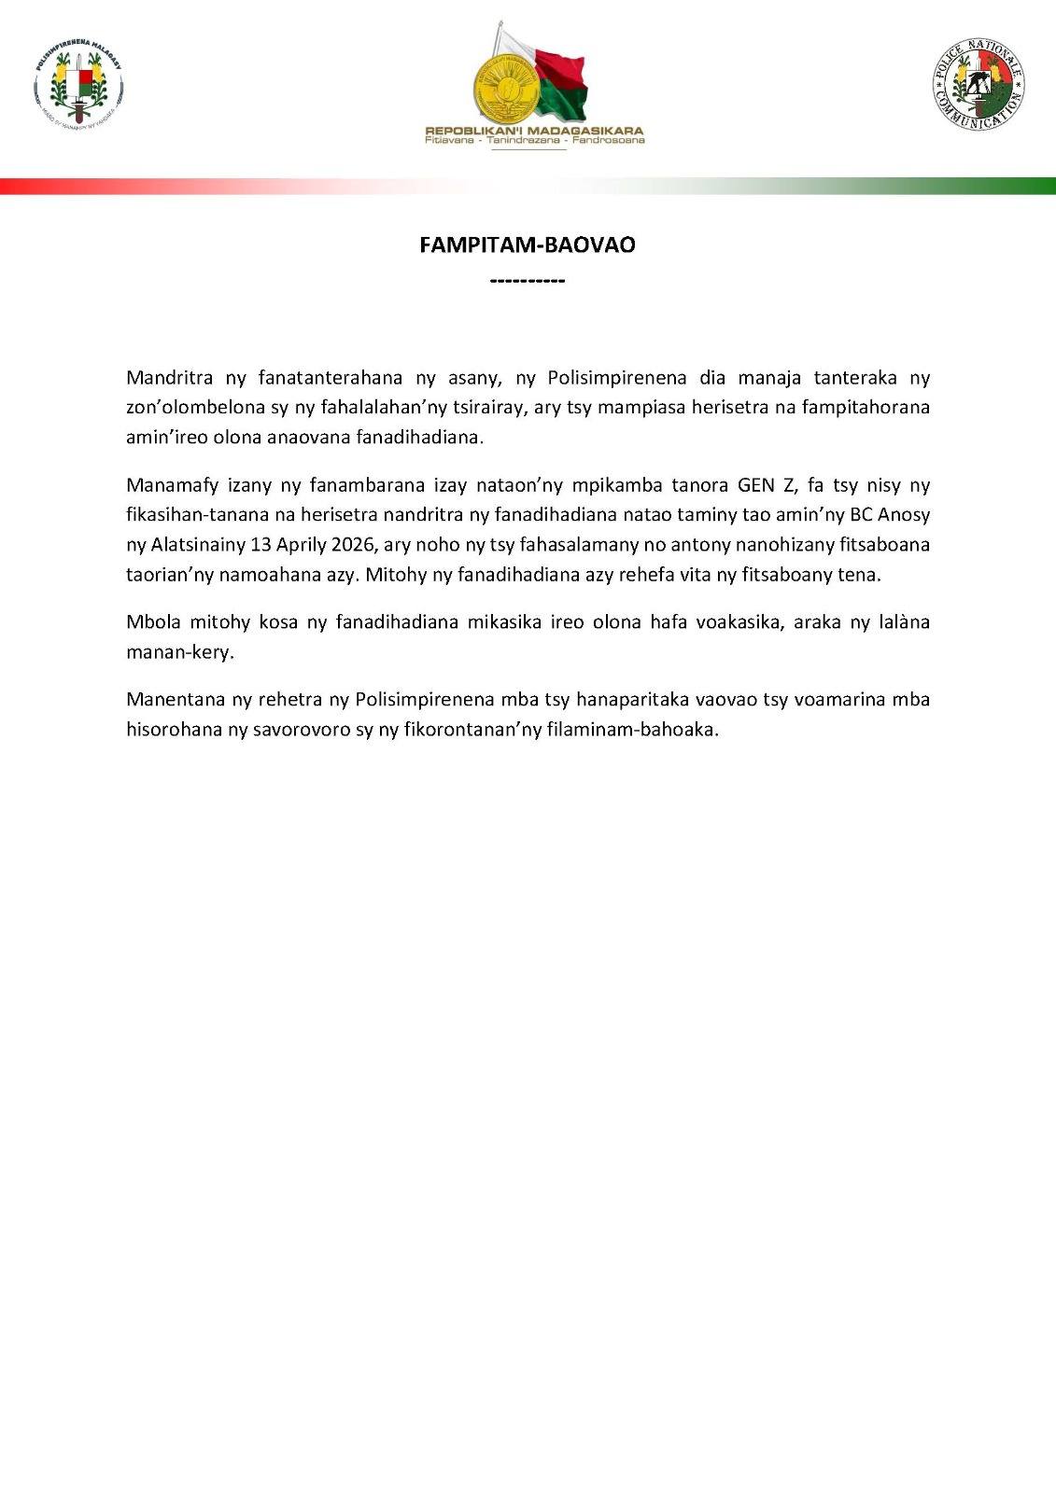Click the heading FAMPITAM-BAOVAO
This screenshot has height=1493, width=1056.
[528, 245]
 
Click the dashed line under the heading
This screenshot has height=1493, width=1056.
[528, 280]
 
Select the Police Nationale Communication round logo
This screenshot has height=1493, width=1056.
[978, 85]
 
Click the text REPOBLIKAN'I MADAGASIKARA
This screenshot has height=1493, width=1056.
[534, 132]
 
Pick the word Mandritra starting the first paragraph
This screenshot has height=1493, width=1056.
[161, 378]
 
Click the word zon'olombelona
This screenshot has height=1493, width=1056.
[186, 408]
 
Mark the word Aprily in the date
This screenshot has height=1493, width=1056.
[301, 545]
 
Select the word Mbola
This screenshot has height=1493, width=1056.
[152, 622]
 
